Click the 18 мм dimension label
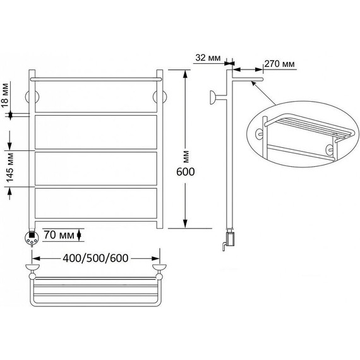coord(5,95)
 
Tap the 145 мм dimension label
coord(10,167)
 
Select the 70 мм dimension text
coord(59,235)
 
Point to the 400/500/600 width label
coord(95,258)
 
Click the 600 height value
coord(186,172)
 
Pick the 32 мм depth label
coord(208,58)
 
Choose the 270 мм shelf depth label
coord(279,64)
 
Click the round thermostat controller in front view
coord(32,238)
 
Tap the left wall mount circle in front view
coord(32,97)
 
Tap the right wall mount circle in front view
coord(160,97)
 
